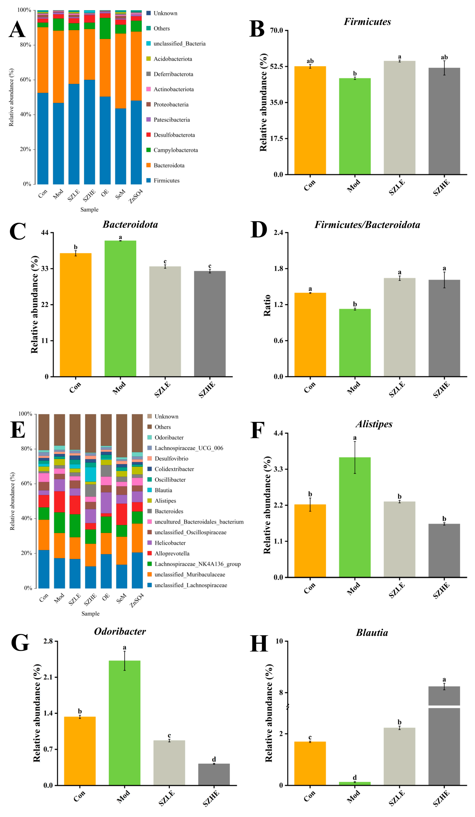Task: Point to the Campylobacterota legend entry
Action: (175, 150)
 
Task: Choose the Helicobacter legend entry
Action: (170, 543)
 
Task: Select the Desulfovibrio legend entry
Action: (171, 458)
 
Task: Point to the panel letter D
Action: (258, 230)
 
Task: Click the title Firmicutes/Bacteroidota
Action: (367, 225)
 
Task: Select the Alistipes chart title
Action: (374, 424)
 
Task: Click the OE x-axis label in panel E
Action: (106, 597)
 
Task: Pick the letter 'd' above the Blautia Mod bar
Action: (354, 777)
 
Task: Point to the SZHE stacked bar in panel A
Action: (89, 97)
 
